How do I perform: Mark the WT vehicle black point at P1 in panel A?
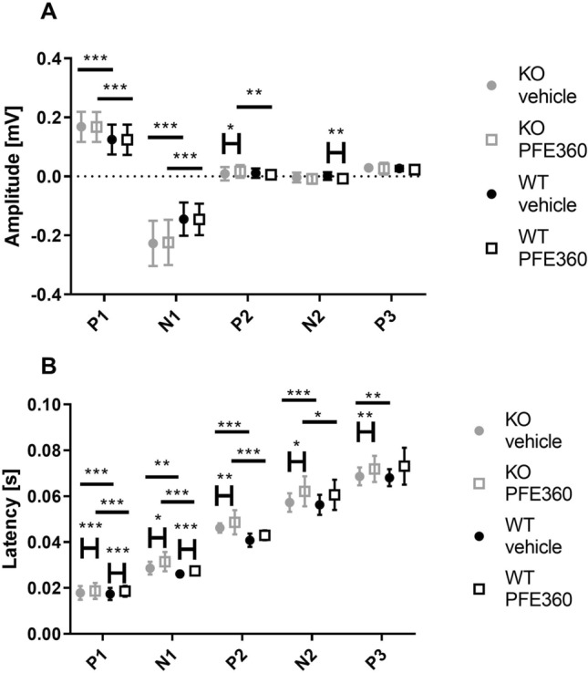pyautogui.click(x=112, y=140)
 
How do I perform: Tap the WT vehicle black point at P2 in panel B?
pyautogui.click(x=251, y=541)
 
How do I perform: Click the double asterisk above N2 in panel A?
pyautogui.click(x=335, y=131)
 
